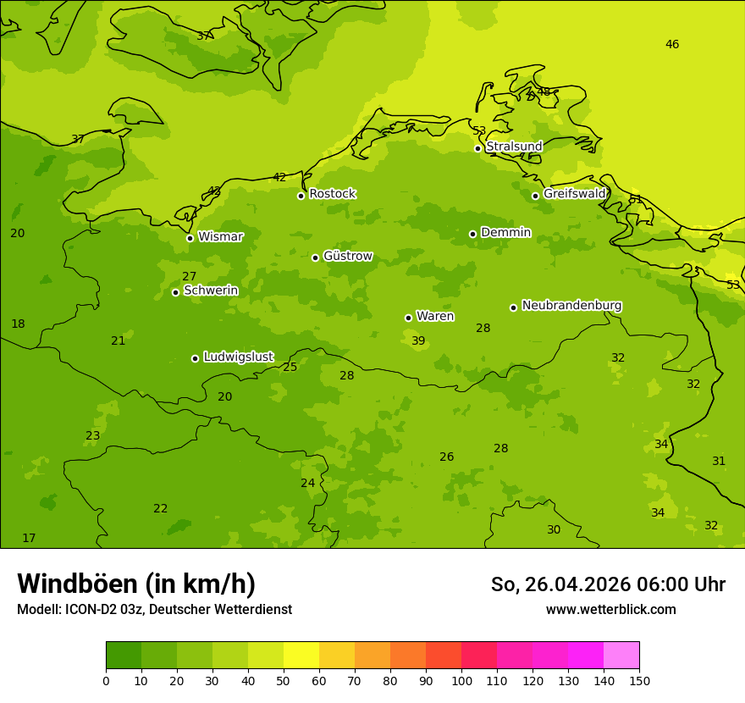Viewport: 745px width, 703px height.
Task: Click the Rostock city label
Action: pos(332,194)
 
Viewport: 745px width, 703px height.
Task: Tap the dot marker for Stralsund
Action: pos(477,148)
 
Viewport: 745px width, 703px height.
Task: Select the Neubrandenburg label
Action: pos(571,306)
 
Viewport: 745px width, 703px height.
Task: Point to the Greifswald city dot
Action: pos(535,196)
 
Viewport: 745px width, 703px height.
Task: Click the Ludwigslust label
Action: pos(238,357)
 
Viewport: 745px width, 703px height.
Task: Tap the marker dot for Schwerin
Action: pos(175,292)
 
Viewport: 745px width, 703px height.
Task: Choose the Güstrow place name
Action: pos(347,256)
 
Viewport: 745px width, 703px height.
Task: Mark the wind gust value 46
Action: pos(671,45)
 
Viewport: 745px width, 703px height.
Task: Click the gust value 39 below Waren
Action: pos(418,341)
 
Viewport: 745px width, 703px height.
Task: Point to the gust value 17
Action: pos(29,539)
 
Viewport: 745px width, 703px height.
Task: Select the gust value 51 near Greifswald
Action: pos(635,200)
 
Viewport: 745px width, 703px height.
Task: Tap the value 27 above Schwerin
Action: pos(189,277)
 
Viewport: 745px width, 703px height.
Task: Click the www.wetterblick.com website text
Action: pos(610,610)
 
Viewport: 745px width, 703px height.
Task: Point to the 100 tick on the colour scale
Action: pos(461,680)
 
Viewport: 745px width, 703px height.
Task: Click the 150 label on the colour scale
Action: pos(639,680)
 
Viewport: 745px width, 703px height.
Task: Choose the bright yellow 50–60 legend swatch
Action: pos(301,656)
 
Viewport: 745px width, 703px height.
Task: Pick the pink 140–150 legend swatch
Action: pos(621,656)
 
